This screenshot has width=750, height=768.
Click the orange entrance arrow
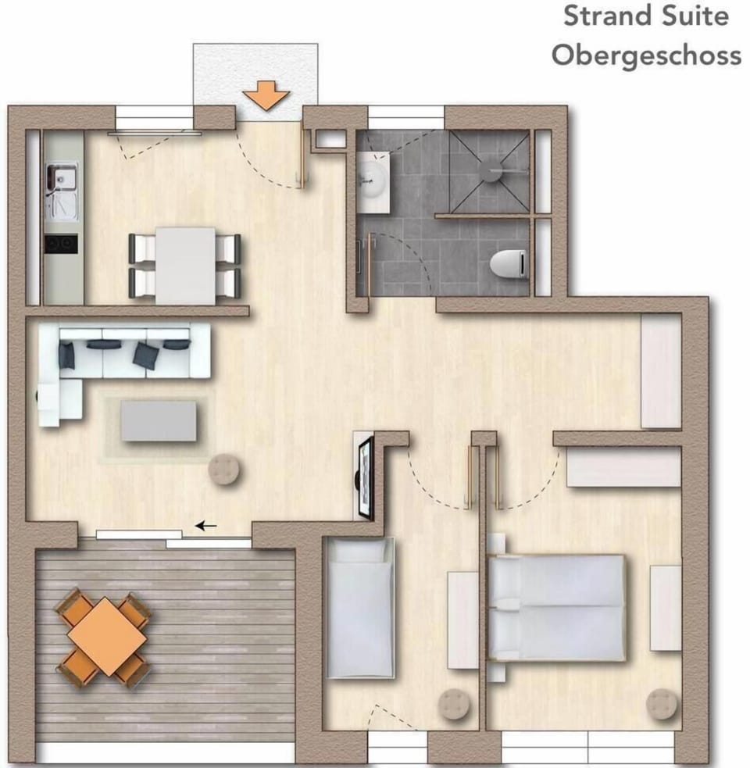266,95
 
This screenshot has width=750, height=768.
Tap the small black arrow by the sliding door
206,526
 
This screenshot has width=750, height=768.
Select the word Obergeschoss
646,55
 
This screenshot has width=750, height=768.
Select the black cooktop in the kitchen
61,244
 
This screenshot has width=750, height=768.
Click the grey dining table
186,266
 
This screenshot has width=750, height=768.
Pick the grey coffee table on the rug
159,421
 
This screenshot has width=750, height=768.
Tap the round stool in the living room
224,470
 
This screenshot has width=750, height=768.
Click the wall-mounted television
366,477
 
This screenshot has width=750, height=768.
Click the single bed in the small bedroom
360,609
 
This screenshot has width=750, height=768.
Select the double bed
558,608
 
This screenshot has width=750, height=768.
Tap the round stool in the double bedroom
662,704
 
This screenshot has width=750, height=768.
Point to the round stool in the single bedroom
454,704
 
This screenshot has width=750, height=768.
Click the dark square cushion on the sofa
146,355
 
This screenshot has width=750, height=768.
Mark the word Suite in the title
695,16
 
